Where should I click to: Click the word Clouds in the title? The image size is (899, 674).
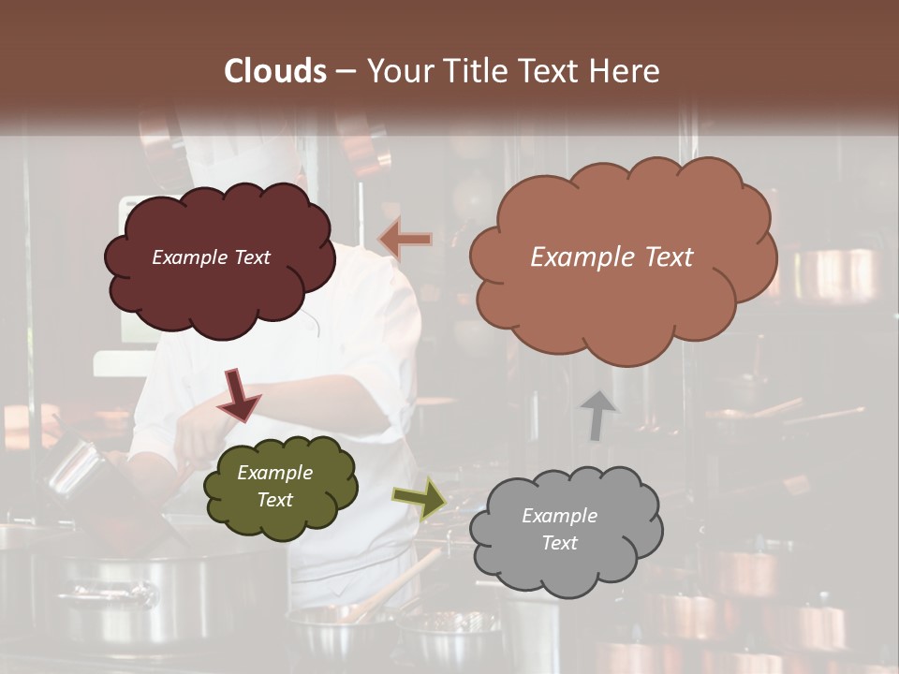coord(275,71)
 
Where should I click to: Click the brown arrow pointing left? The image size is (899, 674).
coord(406,240)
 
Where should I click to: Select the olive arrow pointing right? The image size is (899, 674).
coord(419,498)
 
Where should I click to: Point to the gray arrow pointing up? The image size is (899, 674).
coord(597,415)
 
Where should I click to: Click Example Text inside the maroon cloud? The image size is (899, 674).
coord(211,257)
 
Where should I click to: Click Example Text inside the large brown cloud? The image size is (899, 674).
coord(612,257)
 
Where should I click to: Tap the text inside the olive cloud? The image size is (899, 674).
coord(274,487)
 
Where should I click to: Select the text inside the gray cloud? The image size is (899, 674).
coord(559,529)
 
